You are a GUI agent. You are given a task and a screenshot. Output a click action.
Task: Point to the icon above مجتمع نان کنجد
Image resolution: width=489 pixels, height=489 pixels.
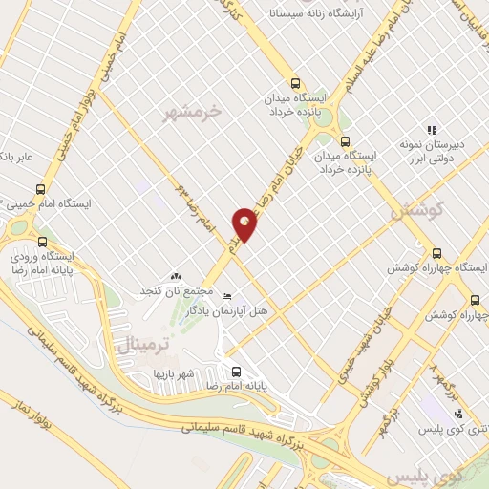click(x=175, y=276)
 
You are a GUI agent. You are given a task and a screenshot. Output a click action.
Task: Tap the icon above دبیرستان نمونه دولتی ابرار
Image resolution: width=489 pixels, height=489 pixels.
click(x=432, y=130)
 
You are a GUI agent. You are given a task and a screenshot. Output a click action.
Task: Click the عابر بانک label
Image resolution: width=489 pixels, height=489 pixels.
click(x=16, y=157)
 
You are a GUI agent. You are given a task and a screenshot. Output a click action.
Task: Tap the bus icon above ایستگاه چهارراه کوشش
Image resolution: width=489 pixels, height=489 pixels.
click(x=437, y=253)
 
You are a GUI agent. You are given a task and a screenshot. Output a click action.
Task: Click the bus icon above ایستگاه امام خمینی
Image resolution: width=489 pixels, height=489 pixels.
click(x=39, y=189)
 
